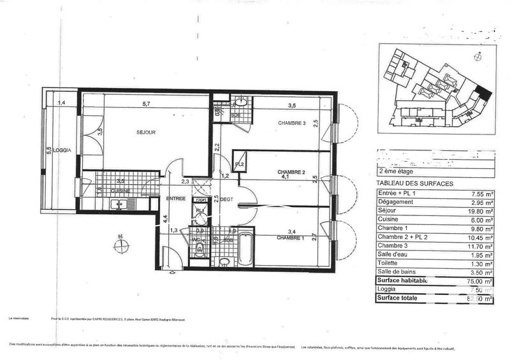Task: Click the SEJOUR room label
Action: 147,133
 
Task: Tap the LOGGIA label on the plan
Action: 62,150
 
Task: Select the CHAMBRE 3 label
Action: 291,123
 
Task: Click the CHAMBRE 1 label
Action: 291,238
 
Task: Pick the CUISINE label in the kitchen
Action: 121,191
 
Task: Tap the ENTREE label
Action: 175,199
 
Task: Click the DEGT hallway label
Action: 228,199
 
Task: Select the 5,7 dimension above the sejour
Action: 146,104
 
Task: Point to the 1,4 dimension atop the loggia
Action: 62,103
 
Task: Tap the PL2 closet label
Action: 240,164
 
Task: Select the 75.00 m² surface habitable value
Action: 480,280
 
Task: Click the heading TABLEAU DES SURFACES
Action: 416,184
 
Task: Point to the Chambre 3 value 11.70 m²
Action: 480,246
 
